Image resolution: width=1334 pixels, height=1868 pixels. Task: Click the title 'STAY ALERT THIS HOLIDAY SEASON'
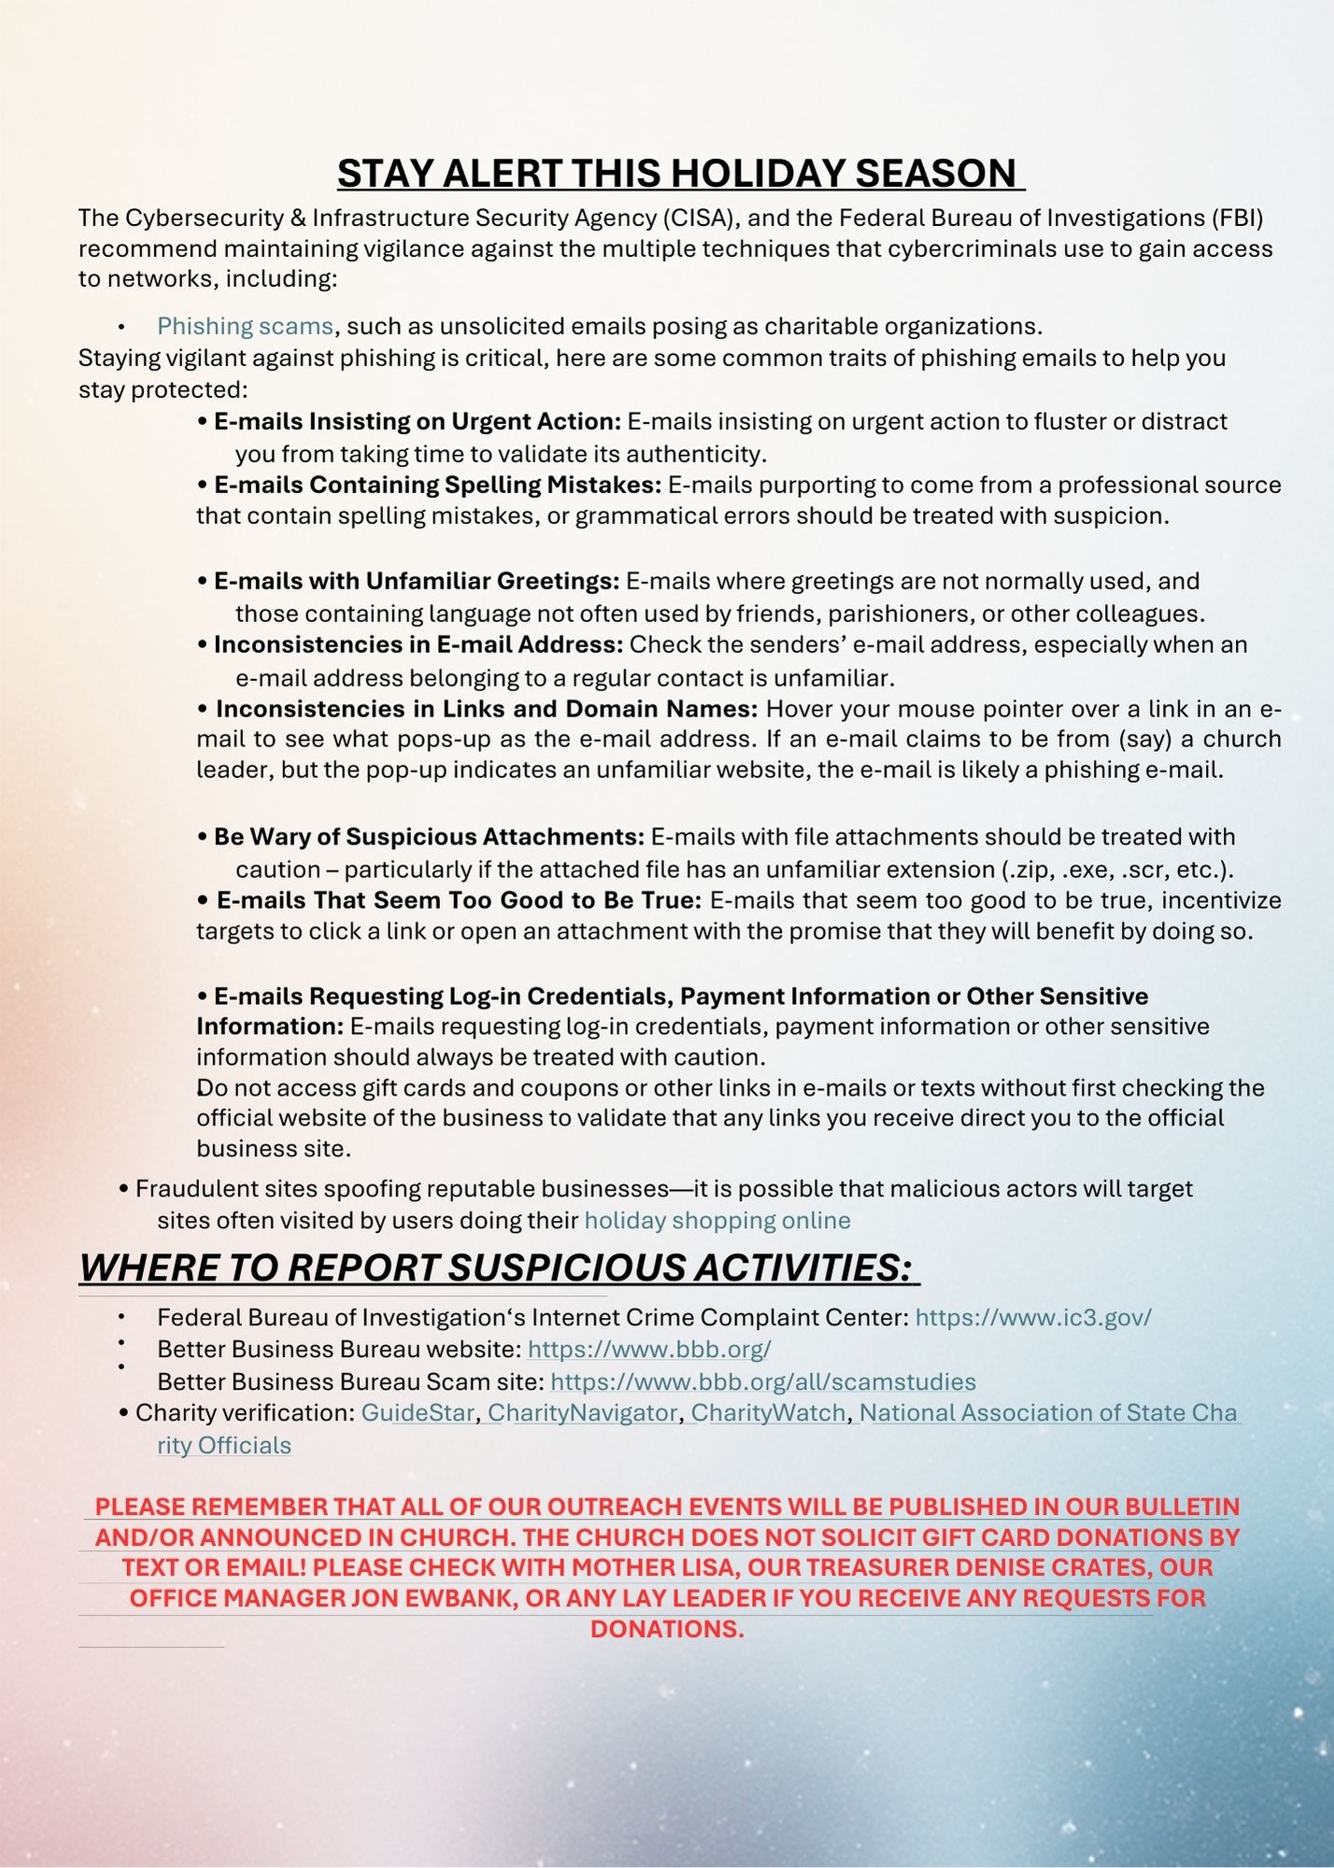[680, 174]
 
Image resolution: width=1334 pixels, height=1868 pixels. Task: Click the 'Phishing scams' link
[245, 326]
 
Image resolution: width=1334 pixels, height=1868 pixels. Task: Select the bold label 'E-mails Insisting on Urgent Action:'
[418, 421]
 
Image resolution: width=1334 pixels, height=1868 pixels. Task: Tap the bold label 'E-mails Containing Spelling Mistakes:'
[438, 485]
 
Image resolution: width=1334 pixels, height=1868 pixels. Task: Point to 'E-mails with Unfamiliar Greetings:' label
[417, 581]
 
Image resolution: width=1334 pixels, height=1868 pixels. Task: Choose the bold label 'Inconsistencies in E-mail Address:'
[419, 644]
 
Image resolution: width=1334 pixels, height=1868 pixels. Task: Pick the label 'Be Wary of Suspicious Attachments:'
[429, 837]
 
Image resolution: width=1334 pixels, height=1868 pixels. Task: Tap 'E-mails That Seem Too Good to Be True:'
[459, 900]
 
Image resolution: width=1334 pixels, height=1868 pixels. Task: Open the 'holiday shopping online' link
[717, 1221]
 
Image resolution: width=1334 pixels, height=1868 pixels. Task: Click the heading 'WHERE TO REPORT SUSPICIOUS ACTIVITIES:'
[495, 1267]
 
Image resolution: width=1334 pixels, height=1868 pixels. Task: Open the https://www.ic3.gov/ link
[1033, 1317]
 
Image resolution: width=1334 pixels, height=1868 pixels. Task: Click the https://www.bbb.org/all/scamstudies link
[763, 1381]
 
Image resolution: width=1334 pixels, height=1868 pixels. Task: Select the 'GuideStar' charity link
[418, 1413]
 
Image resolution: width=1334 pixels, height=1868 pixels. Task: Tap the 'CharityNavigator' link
[582, 1413]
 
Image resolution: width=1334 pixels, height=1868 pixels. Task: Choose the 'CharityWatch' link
[768, 1413]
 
